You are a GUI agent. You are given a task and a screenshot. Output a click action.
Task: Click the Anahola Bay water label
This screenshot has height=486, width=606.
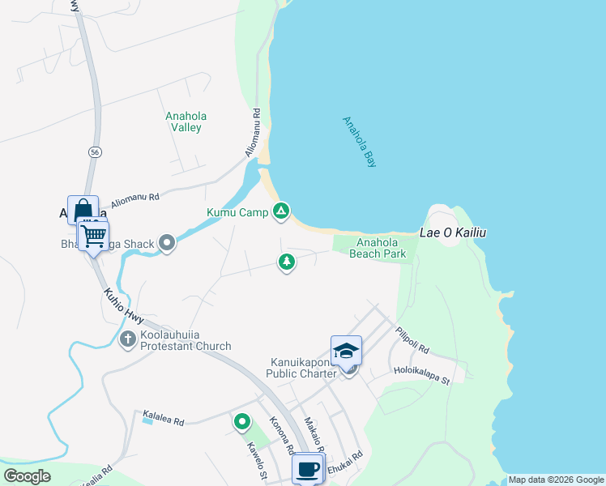tap(361, 143)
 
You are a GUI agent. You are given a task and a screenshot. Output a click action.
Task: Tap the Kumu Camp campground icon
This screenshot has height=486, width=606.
tap(281, 211)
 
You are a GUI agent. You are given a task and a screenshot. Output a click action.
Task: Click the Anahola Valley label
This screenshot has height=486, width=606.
tap(183, 122)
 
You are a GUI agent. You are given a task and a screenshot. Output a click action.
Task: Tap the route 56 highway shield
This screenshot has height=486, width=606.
tap(96, 151)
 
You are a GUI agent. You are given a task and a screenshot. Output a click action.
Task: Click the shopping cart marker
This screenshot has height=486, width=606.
tap(93, 237)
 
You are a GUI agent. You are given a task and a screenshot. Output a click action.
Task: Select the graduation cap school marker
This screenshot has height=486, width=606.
tap(346, 350)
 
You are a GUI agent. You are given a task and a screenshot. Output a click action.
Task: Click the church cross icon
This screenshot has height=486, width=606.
tap(127, 339)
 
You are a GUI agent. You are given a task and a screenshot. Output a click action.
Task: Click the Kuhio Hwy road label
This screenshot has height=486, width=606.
tap(123, 308)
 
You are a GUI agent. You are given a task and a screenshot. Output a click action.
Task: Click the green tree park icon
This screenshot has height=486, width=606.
tap(286, 262)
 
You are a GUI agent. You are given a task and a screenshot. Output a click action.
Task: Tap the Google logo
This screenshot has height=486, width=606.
tap(27, 476)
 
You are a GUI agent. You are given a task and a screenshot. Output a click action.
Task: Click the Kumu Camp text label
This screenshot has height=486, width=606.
tap(238, 213)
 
